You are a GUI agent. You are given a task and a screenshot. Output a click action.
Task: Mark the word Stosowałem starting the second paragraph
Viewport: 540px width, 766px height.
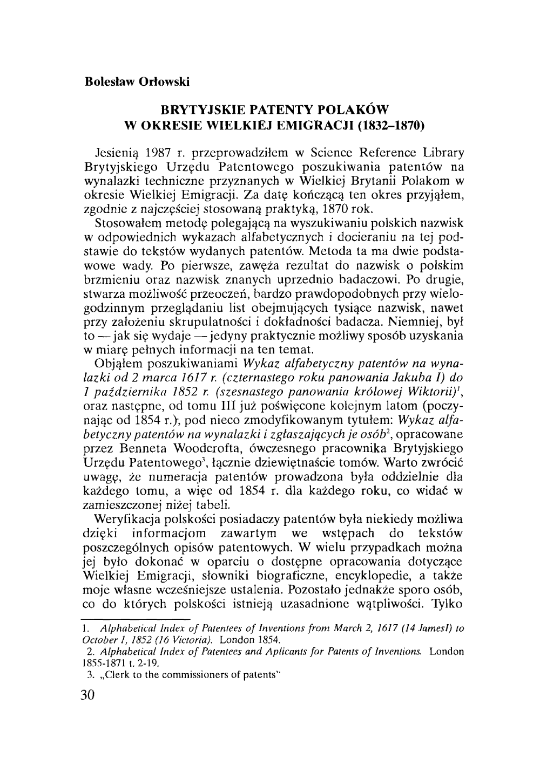tap(122, 222)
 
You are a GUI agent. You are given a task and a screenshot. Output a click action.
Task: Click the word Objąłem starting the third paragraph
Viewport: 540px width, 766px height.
tap(116, 363)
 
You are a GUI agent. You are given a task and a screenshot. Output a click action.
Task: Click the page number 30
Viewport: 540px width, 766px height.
tap(87, 694)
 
